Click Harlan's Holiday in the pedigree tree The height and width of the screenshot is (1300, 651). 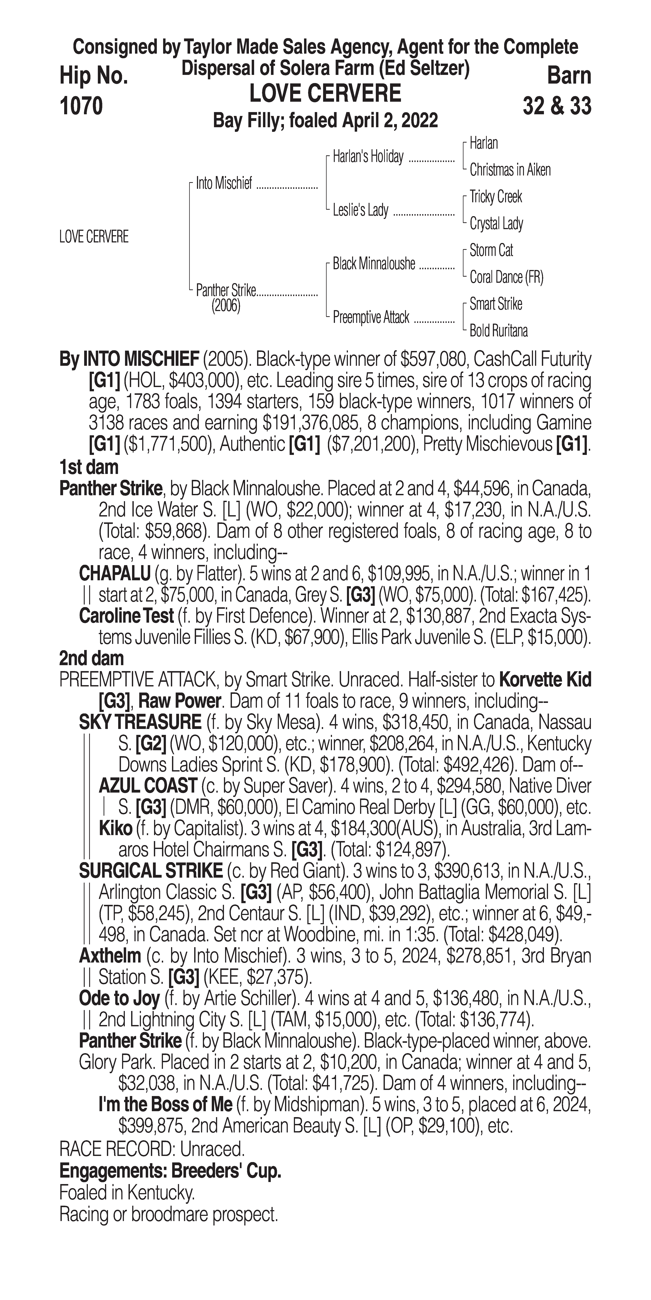(x=368, y=157)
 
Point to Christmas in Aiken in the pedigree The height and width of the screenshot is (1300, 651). (x=510, y=170)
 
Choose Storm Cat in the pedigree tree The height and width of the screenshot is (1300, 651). (x=491, y=250)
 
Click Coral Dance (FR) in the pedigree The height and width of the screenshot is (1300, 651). (x=506, y=277)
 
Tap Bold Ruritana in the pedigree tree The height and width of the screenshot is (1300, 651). (x=499, y=331)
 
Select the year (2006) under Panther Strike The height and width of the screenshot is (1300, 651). (x=226, y=306)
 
